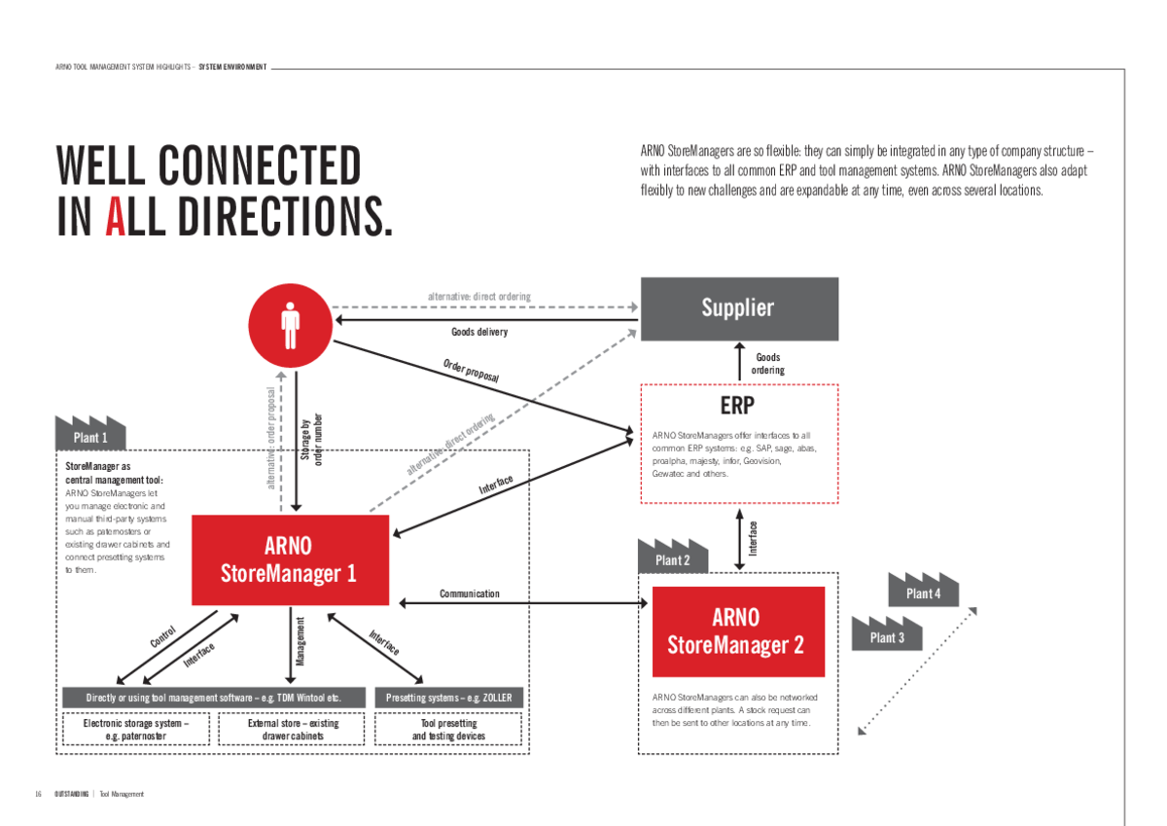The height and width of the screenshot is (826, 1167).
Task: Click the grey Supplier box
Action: click(738, 308)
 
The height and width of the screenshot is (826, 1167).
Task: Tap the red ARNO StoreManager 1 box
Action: click(289, 559)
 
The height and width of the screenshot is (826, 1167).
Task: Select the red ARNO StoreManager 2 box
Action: click(737, 631)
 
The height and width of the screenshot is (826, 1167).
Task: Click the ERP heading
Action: click(738, 406)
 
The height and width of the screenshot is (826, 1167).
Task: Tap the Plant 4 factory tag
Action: click(923, 592)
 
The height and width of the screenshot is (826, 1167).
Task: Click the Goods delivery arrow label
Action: click(479, 332)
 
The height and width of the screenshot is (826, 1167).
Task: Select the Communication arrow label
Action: click(469, 593)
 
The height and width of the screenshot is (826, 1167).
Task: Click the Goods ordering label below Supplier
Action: click(767, 364)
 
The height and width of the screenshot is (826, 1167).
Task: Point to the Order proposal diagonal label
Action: click(472, 370)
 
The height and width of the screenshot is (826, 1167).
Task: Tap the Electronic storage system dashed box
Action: click(136, 730)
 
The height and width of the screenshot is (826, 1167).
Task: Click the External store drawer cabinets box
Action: click(293, 730)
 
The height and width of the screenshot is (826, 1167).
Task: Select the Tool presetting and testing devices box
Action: click(448, 730)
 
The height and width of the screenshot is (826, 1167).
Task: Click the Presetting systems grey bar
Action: click(448, 698)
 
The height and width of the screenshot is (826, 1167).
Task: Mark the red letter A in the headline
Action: click(115, 217)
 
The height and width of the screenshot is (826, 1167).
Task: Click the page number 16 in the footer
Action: click(38, 794)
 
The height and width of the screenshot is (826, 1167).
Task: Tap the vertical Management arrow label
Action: click(301, 641)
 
